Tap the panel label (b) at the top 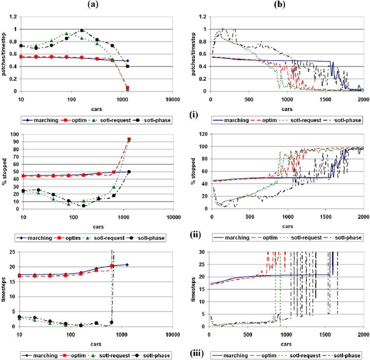277,4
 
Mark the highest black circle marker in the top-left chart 82,31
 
